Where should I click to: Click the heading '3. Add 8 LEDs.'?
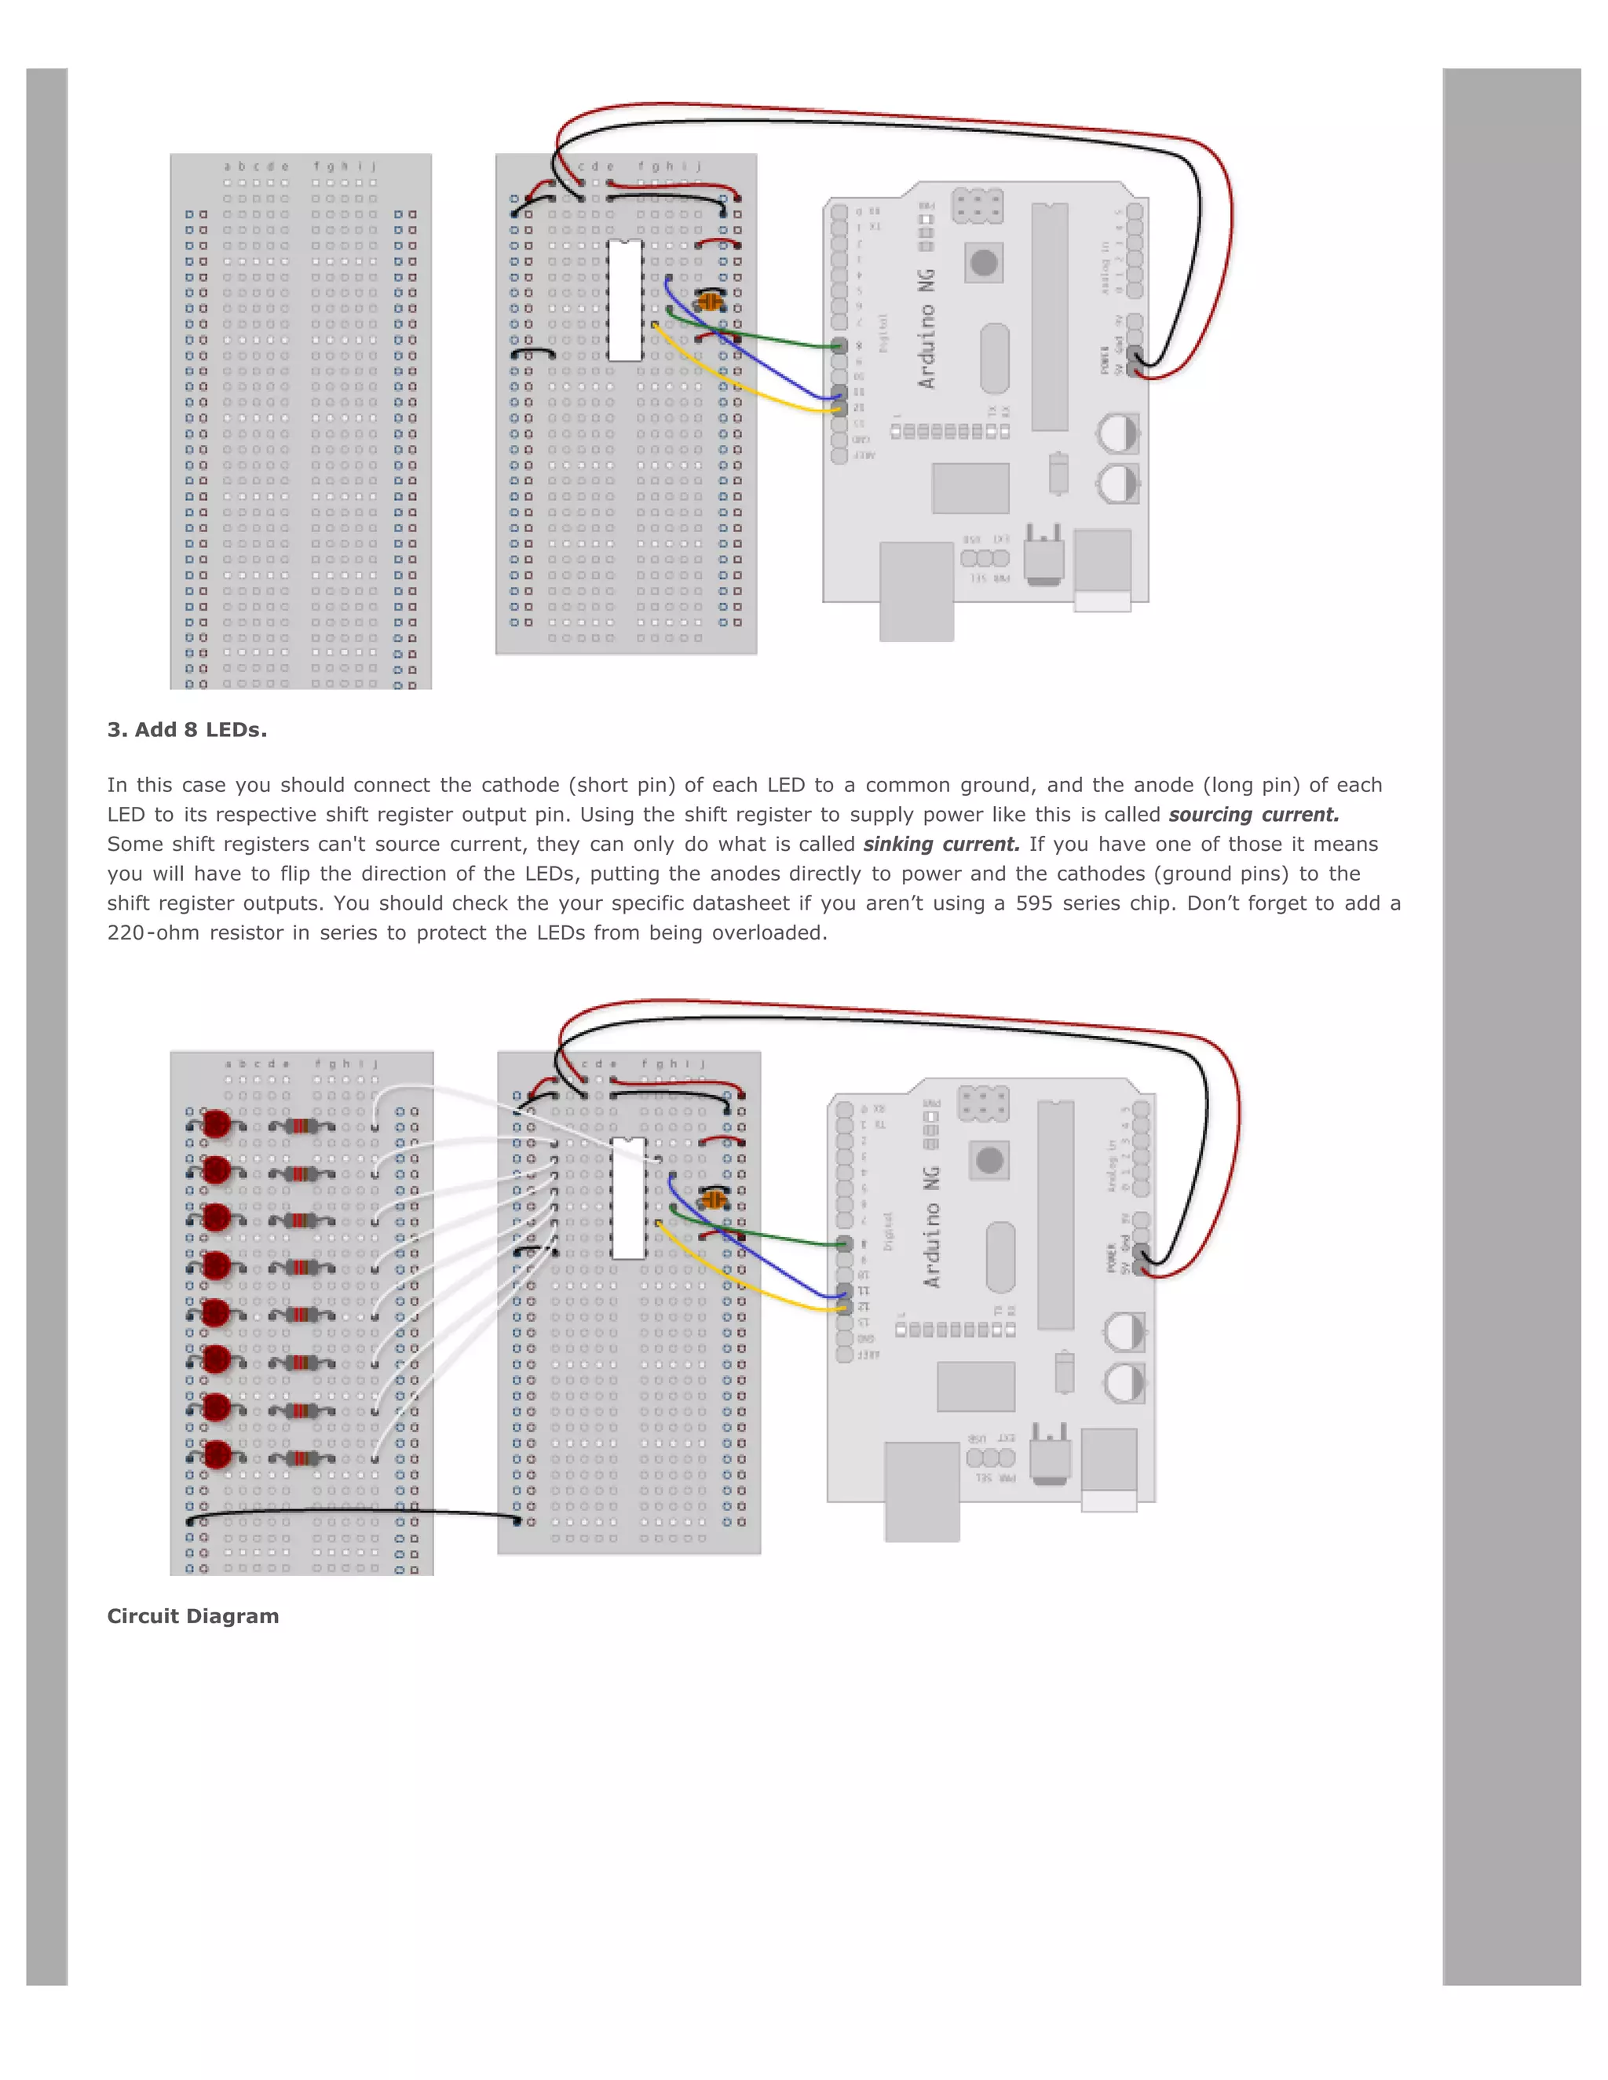187,731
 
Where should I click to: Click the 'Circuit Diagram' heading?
192,1616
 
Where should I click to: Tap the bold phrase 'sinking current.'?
941,845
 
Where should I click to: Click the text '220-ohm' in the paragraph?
152,933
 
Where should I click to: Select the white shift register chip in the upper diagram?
625,300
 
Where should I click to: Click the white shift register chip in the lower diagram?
629,1198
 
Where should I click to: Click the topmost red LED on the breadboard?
217,1124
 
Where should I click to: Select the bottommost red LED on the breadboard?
217,1454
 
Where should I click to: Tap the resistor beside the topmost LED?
301,1126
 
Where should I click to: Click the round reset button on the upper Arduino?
984,262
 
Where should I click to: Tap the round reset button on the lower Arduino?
990,1160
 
